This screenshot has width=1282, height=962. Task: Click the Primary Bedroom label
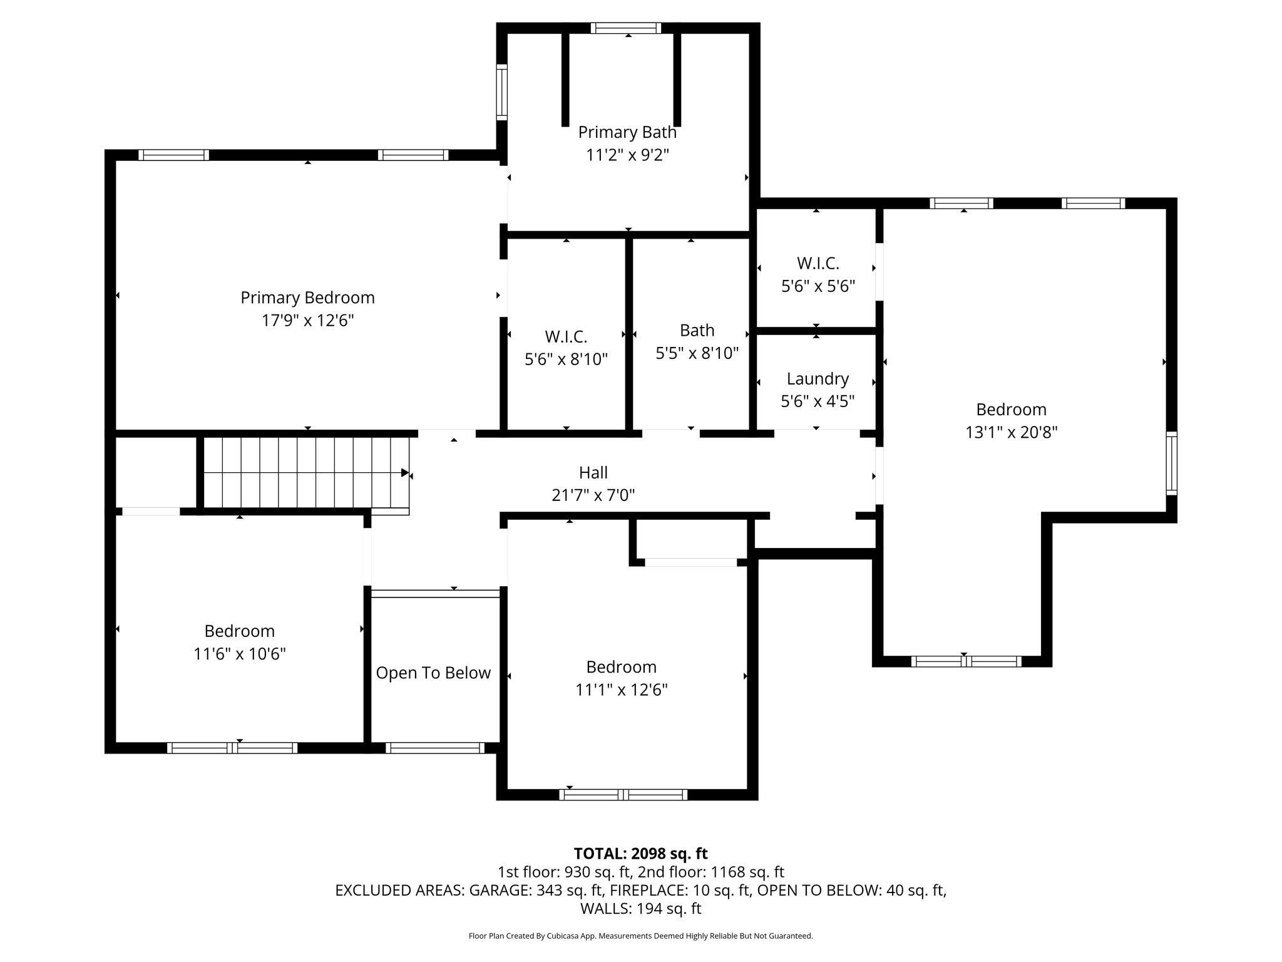[307, 297]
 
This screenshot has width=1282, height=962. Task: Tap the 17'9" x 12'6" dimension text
[307, 321]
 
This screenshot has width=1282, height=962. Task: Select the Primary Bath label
[627, 132]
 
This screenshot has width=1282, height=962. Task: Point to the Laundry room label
[818, 378]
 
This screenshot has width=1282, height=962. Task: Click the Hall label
[593, 472]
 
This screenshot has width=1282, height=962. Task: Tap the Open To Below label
[433, 673]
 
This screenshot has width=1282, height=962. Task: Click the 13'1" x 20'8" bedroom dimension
[1012, 432]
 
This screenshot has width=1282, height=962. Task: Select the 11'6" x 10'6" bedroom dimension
[240, 654]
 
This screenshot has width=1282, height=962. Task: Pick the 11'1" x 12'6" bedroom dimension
[622, 690]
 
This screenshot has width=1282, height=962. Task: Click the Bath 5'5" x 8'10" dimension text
[697, 353]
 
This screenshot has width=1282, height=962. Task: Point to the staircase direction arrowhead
[405, 473]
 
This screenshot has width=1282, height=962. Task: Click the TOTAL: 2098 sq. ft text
[640, 853]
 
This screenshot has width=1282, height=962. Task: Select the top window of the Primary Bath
[626, 28]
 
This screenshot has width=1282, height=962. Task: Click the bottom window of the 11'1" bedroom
[623, 794]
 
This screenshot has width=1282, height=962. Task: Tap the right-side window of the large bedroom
[1171, 463]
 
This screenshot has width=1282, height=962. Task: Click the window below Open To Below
[435, 747]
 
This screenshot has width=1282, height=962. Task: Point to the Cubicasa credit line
[640, 936]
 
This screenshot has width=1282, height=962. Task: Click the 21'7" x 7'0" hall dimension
[593, 495]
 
